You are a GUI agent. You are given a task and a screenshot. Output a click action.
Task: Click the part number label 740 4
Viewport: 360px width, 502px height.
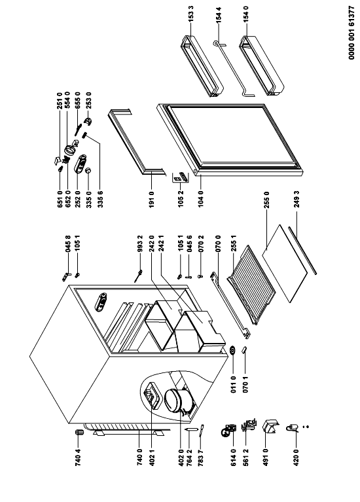click(78, 457)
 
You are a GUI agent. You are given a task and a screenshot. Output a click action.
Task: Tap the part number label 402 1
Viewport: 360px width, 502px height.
click(152, 457)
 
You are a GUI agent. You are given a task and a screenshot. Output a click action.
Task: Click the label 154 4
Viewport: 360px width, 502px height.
click(219, 14)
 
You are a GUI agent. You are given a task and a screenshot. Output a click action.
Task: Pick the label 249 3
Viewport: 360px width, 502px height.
click(297, 199)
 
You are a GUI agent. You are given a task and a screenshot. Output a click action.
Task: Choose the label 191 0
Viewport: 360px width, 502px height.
click(152, 199)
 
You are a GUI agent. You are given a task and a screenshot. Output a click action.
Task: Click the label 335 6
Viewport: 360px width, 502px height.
click(100, 199)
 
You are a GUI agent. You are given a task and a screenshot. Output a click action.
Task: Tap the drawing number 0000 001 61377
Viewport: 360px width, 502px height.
click(351, 32)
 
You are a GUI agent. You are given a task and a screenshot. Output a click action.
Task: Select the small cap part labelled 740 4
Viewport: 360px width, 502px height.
click(79, 433)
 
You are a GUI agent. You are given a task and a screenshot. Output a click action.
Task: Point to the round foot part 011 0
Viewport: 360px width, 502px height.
click(233, 351)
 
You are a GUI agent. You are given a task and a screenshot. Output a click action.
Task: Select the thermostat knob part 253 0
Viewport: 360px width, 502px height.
click(88, 121)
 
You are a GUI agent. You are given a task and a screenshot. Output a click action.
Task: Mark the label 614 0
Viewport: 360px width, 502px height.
click(234, 457)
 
